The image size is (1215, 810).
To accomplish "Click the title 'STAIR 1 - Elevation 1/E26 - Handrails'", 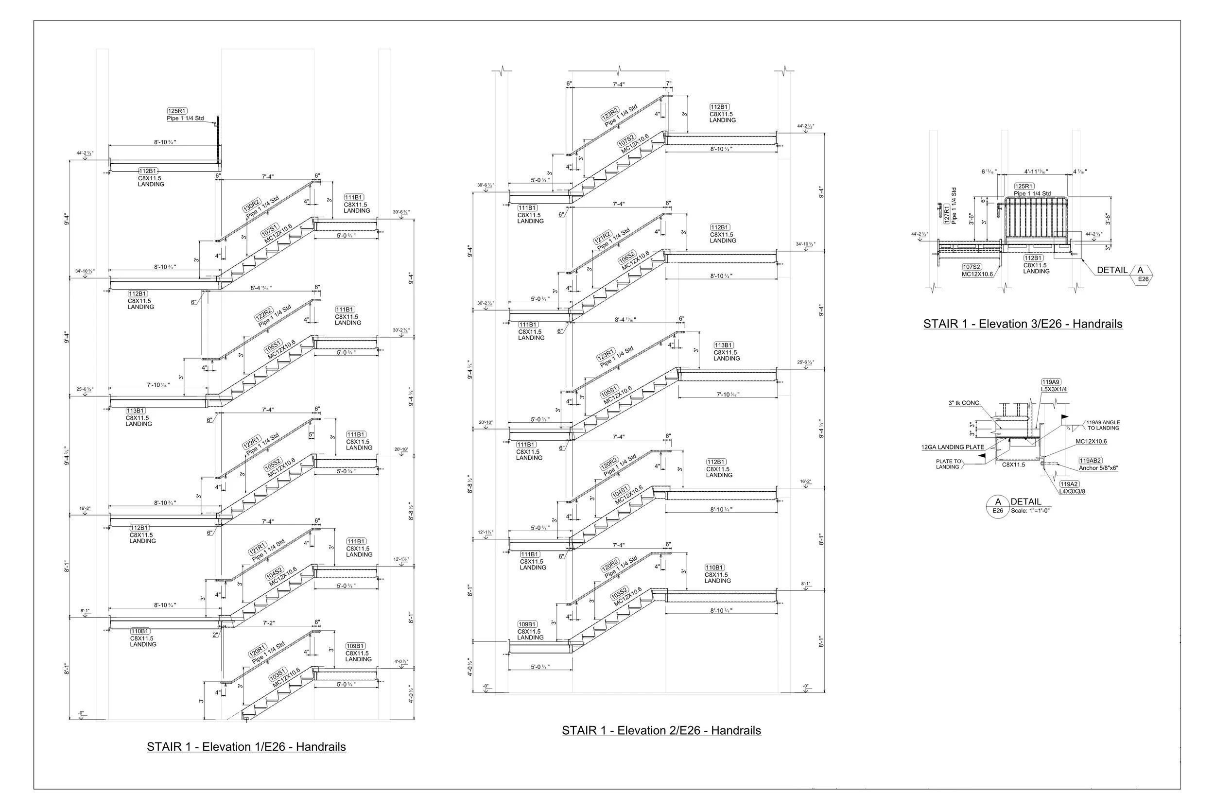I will [x=246, y=746].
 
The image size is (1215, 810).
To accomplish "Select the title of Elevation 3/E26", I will [x=1023, y=324].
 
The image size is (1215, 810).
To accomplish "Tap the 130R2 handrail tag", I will [x=252, y=205].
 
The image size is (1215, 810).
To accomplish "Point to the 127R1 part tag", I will [x=946, y=213].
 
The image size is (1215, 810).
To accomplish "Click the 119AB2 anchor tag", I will [x=1090, y=460].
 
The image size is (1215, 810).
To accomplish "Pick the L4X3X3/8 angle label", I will [x=1072, y=492].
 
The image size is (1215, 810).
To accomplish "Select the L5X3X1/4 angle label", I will [x=1054, y=390].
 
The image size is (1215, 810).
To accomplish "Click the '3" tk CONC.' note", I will [x=964, y=403].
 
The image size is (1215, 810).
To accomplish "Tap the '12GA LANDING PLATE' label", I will [x=953, y=448].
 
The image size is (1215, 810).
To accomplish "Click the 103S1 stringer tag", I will [x=278, y=674].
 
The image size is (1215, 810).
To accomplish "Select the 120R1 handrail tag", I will [x=257, y=650].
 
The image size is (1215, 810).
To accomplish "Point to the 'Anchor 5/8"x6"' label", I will [x=1098, y=468].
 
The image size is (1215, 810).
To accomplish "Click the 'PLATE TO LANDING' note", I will [x=948, y=464].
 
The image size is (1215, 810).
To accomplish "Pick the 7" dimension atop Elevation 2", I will [x=668, y=84].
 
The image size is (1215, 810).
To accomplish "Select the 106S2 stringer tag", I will [x=626, y=257].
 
